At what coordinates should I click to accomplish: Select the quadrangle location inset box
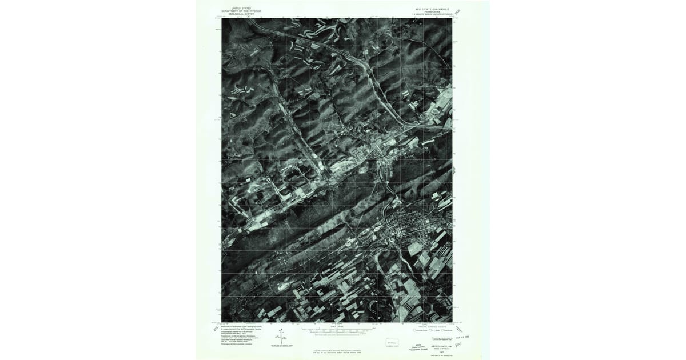point(392,341)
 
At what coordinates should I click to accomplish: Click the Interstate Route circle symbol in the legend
point(414,330)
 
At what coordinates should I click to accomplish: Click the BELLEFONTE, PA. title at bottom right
point(441,346)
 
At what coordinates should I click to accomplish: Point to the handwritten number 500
point(458,345)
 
